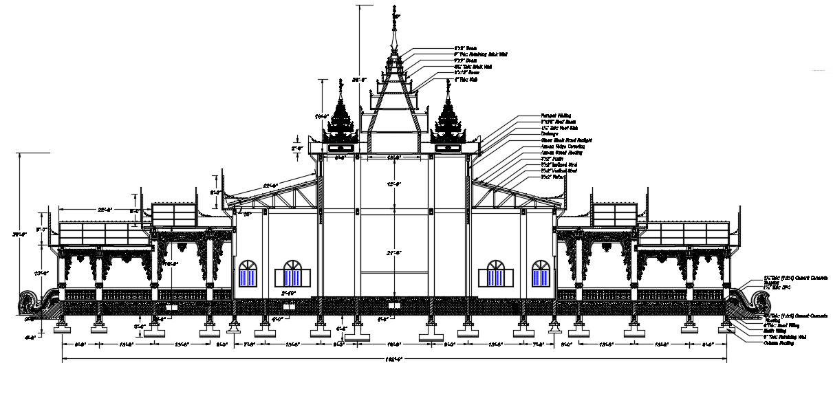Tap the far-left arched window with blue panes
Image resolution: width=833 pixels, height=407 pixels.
248,273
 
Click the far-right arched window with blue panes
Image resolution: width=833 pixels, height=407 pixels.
541,273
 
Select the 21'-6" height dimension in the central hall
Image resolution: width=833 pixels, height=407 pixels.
393,253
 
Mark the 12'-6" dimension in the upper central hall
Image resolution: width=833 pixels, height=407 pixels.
393,184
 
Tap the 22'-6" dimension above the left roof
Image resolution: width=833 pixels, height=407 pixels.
270,185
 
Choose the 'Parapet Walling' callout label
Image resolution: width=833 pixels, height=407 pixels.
556,116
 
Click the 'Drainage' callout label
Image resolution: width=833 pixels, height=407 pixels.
550,134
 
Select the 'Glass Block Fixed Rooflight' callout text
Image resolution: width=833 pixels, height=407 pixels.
566,140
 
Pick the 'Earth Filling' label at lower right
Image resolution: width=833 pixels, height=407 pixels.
776,331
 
